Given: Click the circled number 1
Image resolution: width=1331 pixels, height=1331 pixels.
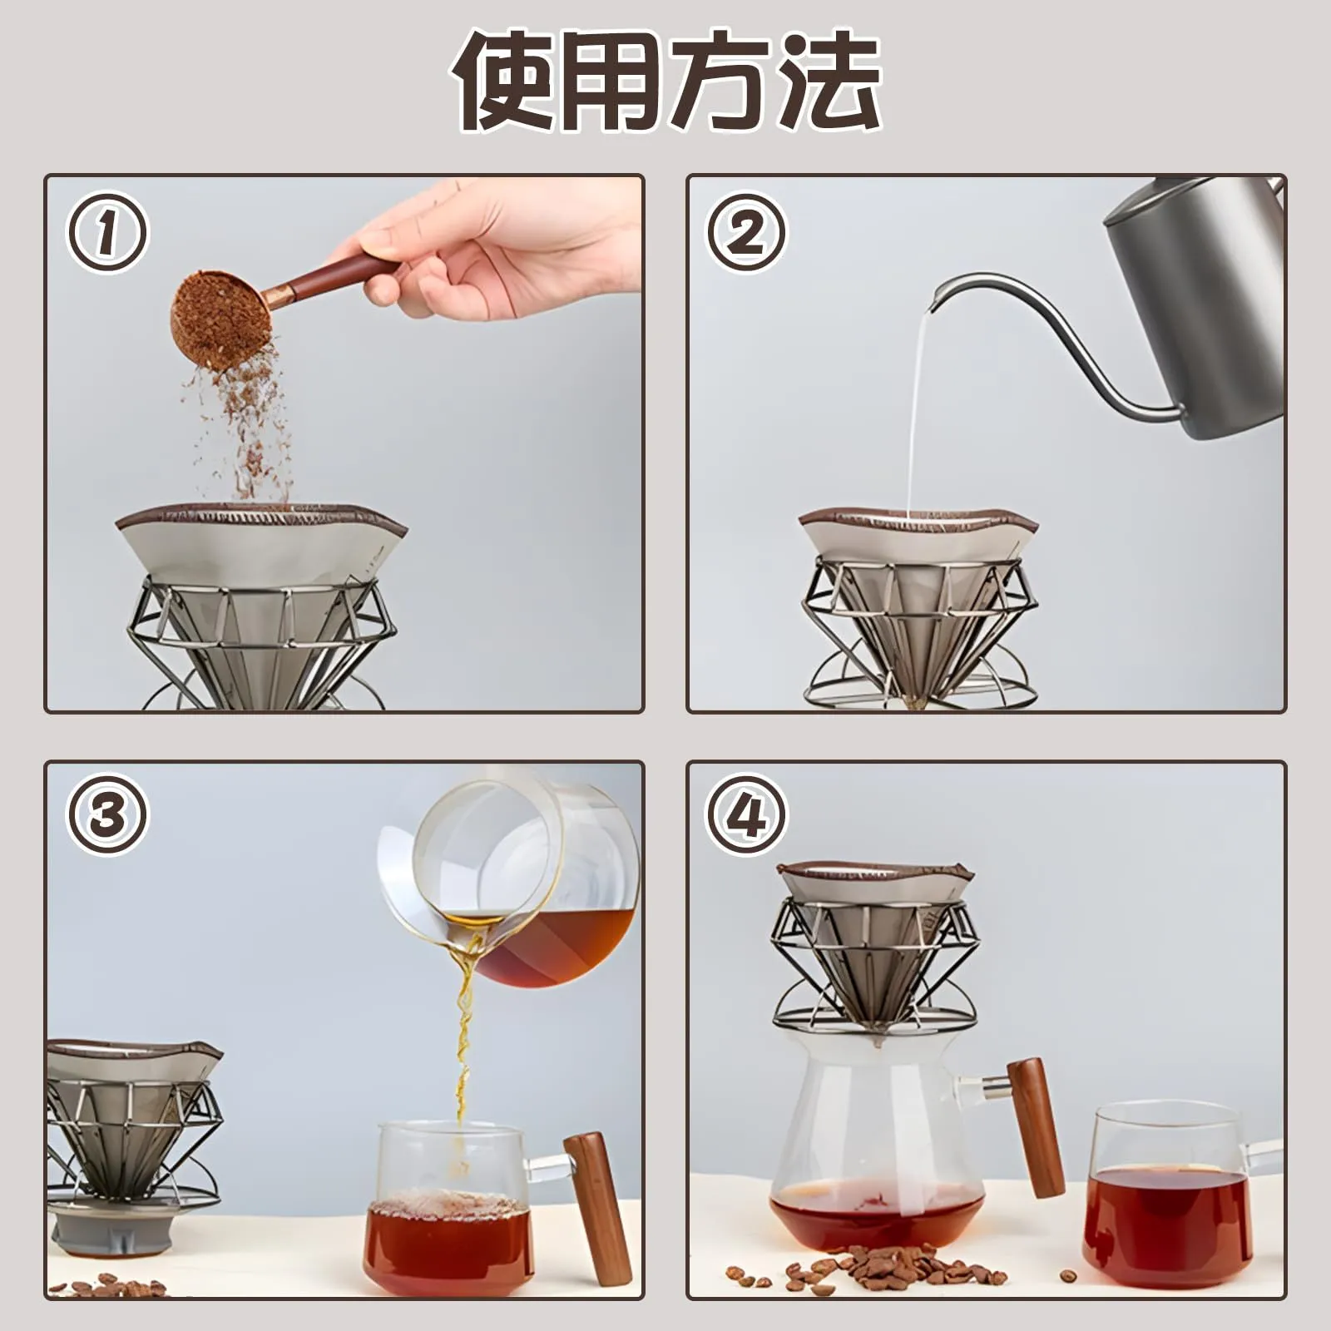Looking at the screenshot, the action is (x=106, y=233).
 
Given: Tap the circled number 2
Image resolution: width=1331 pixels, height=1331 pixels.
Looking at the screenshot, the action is (x=746, y=233).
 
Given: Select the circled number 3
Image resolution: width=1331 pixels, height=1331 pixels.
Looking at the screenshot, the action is (x=106, y=815).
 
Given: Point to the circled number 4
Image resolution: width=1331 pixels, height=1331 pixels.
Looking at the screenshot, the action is (x=746, y=815).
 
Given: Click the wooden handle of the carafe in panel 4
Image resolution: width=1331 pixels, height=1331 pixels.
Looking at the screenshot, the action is (x=1037, y=1127).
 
